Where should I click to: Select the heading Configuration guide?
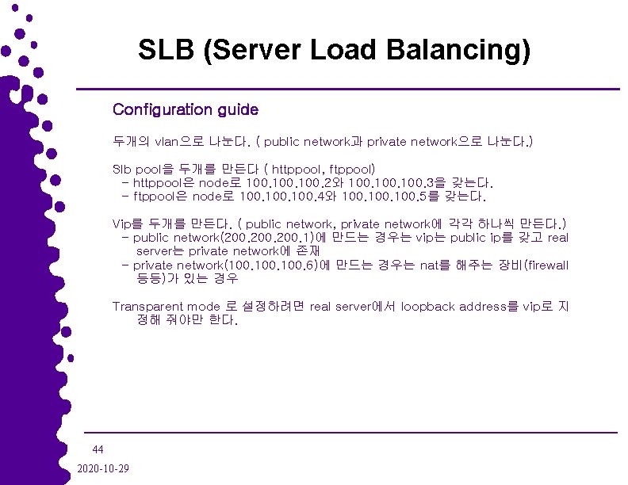pos(186,109)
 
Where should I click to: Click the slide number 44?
pos(98,449)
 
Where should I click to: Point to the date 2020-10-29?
pos(105,468)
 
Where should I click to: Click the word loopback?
pos(428,307)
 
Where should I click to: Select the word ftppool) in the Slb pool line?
pos(358,169)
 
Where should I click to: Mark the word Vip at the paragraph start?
pos(121,224)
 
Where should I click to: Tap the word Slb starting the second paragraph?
pos(122,169)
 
